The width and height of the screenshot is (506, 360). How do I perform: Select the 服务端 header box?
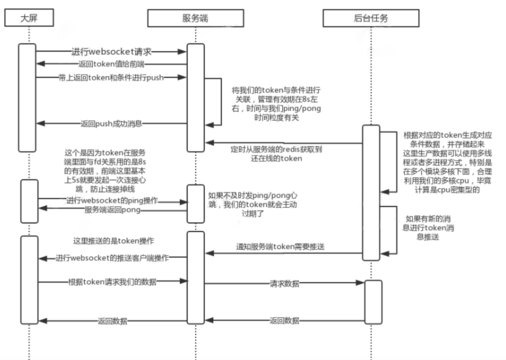[195, 18]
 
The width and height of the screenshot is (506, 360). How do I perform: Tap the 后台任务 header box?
[371, 18]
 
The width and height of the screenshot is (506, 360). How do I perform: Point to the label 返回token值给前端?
[110, 64]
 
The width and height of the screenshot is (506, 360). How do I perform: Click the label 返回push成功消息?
[111, 123]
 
